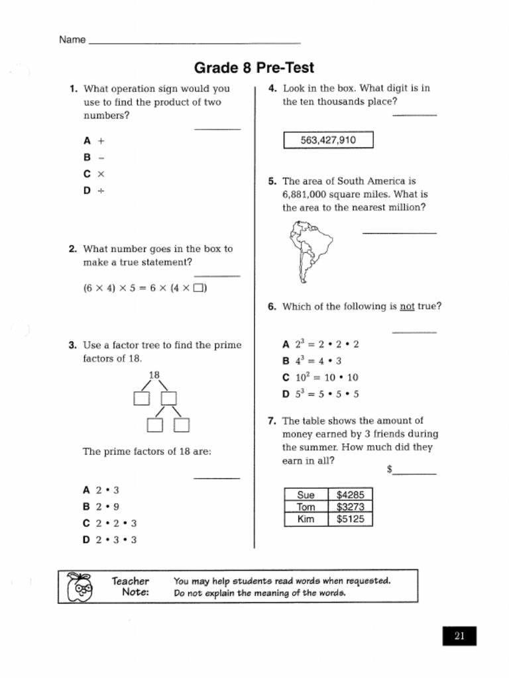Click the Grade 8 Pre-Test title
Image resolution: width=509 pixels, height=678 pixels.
[254, 68]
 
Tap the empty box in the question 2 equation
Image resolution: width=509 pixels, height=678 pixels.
[199, 288]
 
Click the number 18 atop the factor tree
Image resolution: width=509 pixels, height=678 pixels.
[154, 375]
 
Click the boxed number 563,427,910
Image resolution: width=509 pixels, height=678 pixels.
[328, 140]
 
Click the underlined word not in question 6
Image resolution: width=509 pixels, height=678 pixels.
[407, 307]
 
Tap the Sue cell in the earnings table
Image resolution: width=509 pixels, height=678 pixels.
[306, 495]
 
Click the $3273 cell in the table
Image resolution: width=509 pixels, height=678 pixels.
[350, 507]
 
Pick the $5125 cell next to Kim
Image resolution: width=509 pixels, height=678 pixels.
[350, 520]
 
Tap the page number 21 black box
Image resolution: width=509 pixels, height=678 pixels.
[459, 636]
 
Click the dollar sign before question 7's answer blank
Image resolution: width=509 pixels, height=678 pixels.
[390, 469]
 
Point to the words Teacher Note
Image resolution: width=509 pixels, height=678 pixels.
[131, 587]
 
